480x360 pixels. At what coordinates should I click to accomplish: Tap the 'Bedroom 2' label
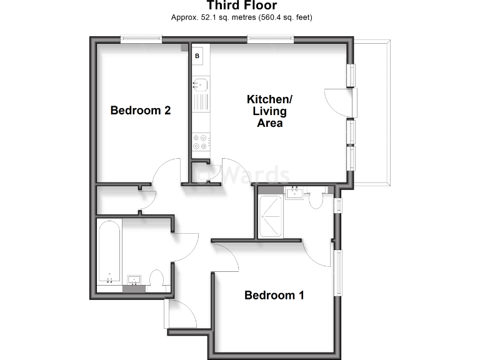point(141,111)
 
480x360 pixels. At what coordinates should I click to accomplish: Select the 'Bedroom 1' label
point(274,295)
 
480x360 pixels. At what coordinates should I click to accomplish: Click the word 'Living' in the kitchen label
point(269,111)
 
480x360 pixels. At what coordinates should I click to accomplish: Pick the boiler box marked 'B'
point(197,56)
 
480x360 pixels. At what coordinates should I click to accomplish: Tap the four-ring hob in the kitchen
point(201,142)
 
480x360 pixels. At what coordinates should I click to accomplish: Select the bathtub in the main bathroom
point(109,252)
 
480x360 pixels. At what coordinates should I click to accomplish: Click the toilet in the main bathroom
point(157,277)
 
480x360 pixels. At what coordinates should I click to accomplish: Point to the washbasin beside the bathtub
point(134,279)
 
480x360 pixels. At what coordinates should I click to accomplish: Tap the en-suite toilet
point(316,199)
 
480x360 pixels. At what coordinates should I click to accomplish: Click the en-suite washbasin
point(294,192)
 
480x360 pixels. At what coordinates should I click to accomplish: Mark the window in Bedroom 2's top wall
point(141,39)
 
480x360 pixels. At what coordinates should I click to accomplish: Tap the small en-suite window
point(337,206)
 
